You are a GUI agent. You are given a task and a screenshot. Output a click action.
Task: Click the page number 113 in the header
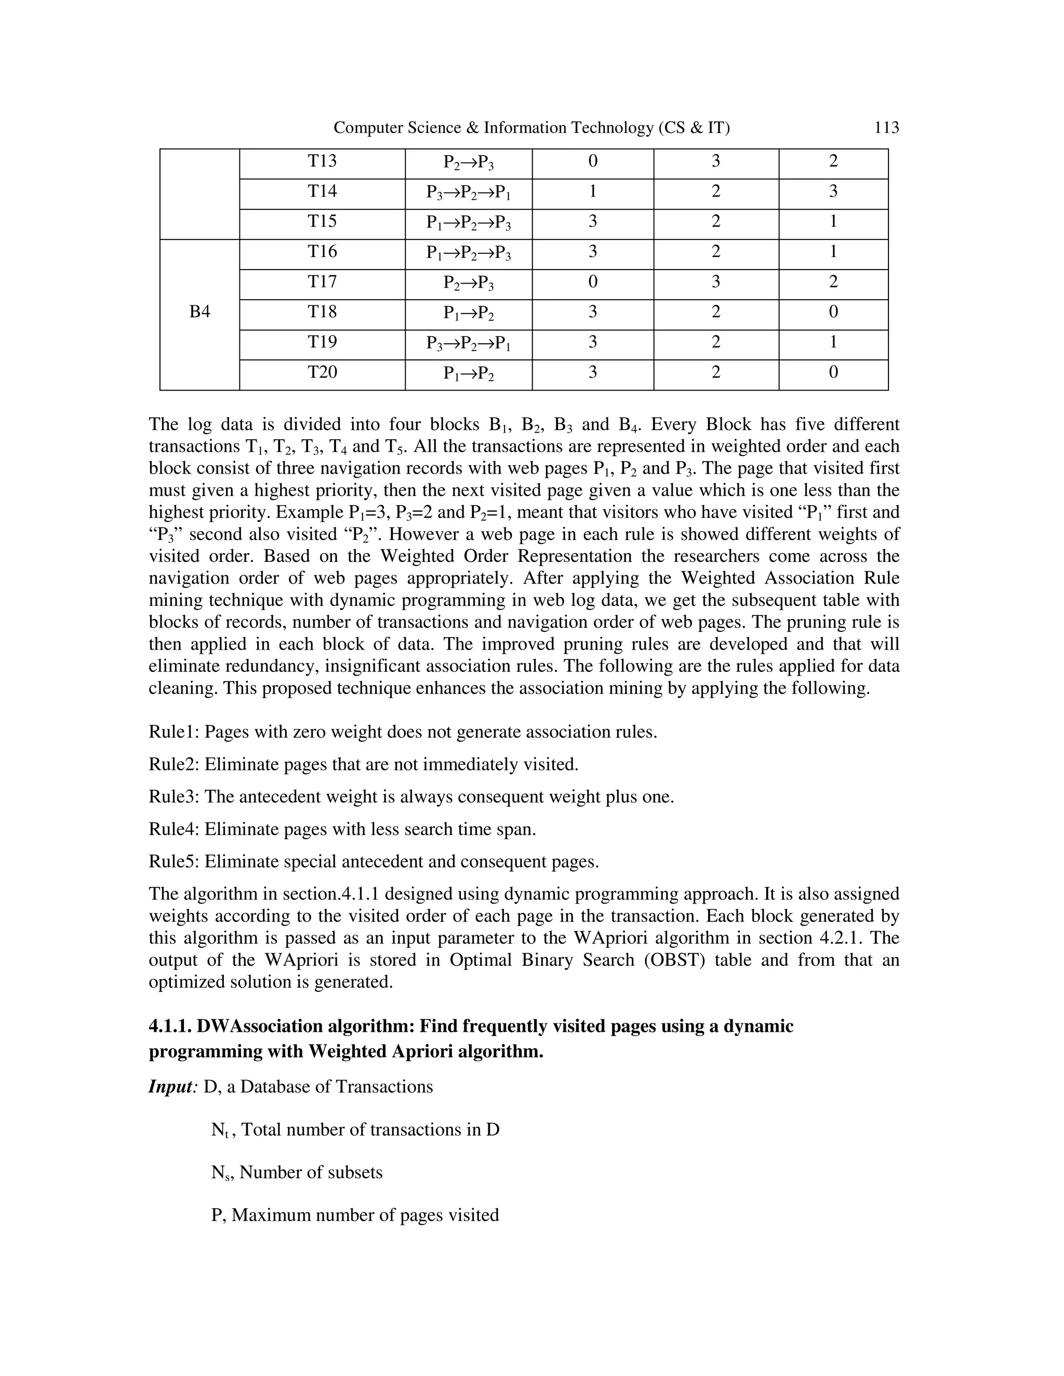tap(886, 128)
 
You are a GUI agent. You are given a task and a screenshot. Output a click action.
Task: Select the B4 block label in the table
tap(200, 312)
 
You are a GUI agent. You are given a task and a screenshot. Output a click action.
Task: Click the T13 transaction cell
tap(322, 161)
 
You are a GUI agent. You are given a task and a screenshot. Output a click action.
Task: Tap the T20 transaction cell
tap(322, 372)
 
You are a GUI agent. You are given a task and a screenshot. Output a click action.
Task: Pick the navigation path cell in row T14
tap(468, 192)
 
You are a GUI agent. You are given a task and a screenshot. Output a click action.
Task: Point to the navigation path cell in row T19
tap(468, 343)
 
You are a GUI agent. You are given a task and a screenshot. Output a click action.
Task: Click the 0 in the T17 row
tap(592, 281)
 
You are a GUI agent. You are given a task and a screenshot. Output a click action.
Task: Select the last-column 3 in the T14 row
tap(833, 192)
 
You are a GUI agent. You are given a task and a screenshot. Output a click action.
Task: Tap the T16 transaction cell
tap(322, 252)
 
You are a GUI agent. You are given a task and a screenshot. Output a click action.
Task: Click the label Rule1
tap(174, 732)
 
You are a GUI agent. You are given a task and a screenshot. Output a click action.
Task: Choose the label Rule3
tap(174, 797)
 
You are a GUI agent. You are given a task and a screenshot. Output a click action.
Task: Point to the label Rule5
tap(174, 861)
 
